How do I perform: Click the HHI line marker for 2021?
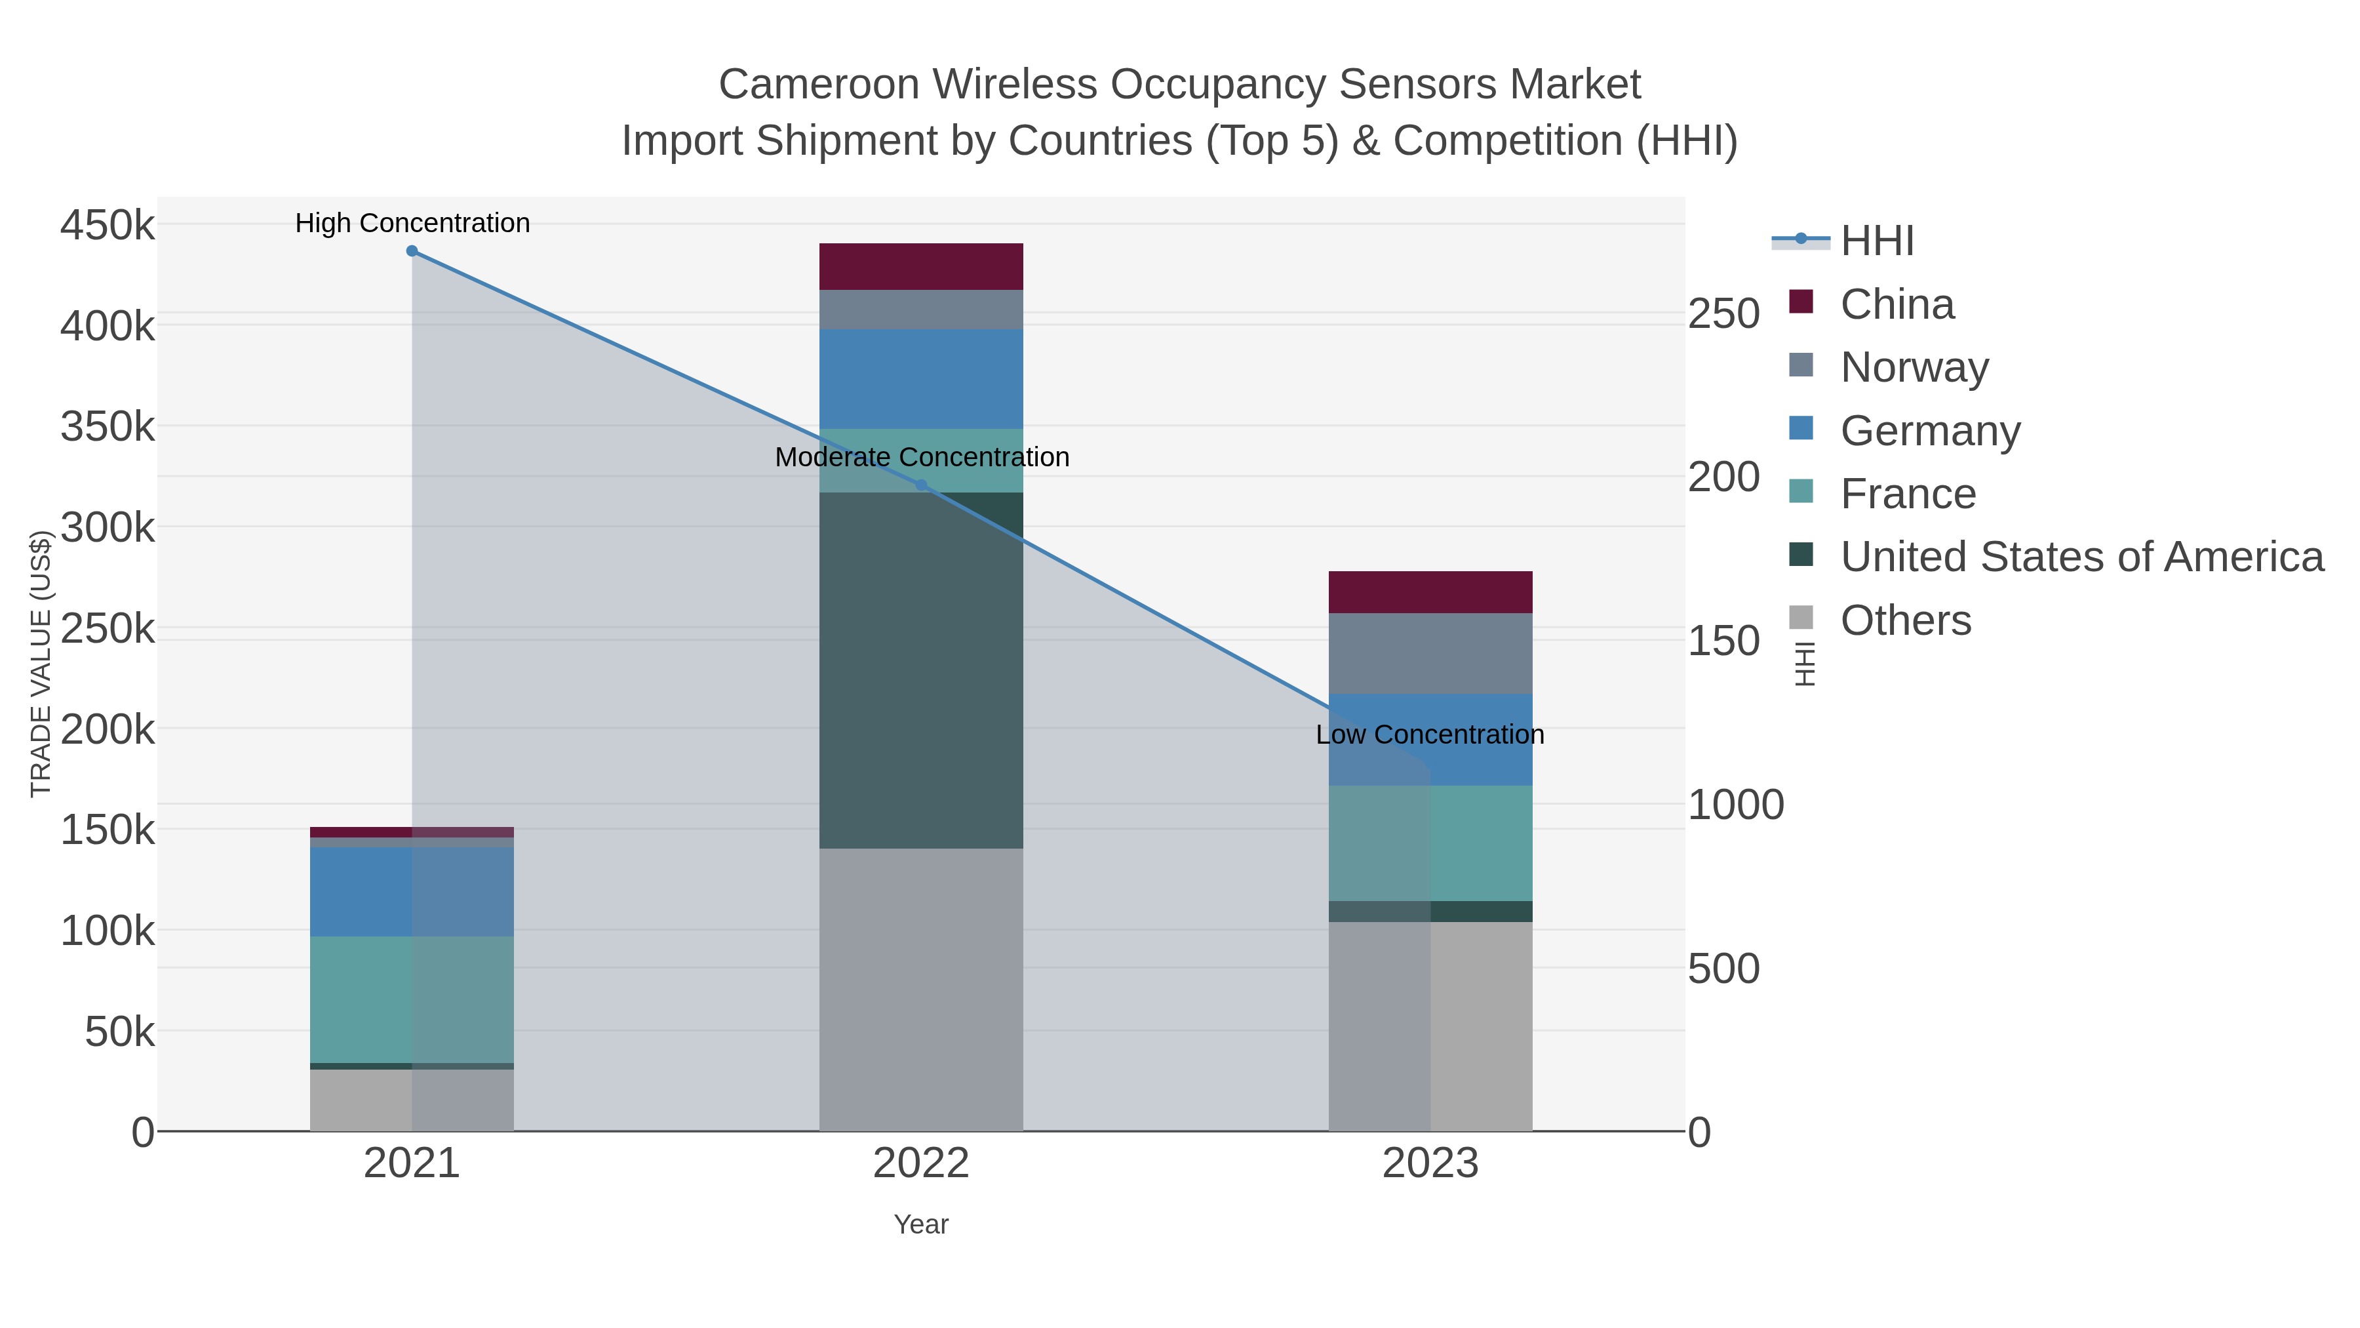[x=412, y=251]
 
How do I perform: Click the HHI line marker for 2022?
[x=922, y=486]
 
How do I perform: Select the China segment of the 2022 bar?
[x=921, y=267]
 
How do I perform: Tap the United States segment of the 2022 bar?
[x=921, y=669]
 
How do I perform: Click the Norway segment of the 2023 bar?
[x=1430, y=653]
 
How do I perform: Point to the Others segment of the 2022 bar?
[x=921, y=990]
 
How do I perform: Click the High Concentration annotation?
[x=412, y=223]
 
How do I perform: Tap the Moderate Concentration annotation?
[x=922, y=456]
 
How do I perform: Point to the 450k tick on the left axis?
[x=108, y=224]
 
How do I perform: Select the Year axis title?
[x=921, y=1224]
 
